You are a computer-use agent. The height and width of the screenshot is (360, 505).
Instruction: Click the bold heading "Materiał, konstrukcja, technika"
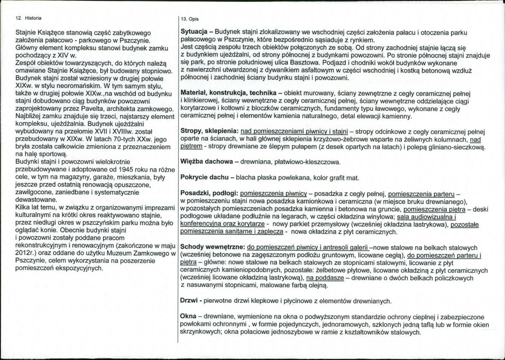[228, 92]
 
